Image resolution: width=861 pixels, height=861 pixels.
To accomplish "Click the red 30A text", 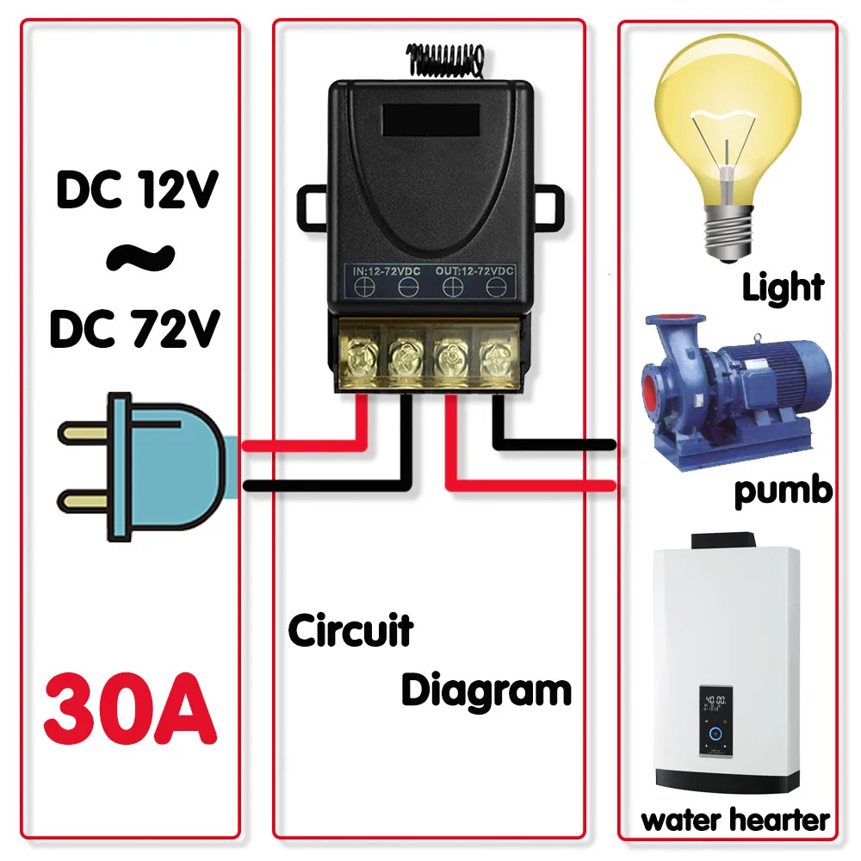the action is coord(131,709).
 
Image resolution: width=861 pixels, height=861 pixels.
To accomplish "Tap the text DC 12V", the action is coord(137,189).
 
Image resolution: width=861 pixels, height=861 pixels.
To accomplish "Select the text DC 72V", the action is coord(135,328).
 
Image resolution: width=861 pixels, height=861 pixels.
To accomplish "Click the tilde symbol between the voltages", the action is coord(140,257).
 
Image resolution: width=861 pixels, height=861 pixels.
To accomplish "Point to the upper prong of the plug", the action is coord(83,433).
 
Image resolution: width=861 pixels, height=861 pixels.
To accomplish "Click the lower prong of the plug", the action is coord(83,502).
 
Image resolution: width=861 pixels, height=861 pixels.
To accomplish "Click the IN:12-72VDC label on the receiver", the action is coord(387,271).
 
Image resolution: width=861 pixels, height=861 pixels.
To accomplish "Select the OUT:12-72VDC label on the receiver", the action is coord(474,270).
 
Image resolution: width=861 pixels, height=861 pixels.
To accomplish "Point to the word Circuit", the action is coord(351,630).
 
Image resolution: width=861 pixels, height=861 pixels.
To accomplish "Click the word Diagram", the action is coord(486,691).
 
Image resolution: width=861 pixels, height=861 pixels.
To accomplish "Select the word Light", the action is coord(783,287).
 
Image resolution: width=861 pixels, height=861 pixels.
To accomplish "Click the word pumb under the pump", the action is coord(784,491).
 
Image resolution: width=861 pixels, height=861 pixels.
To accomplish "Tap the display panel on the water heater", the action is coord(715,721).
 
